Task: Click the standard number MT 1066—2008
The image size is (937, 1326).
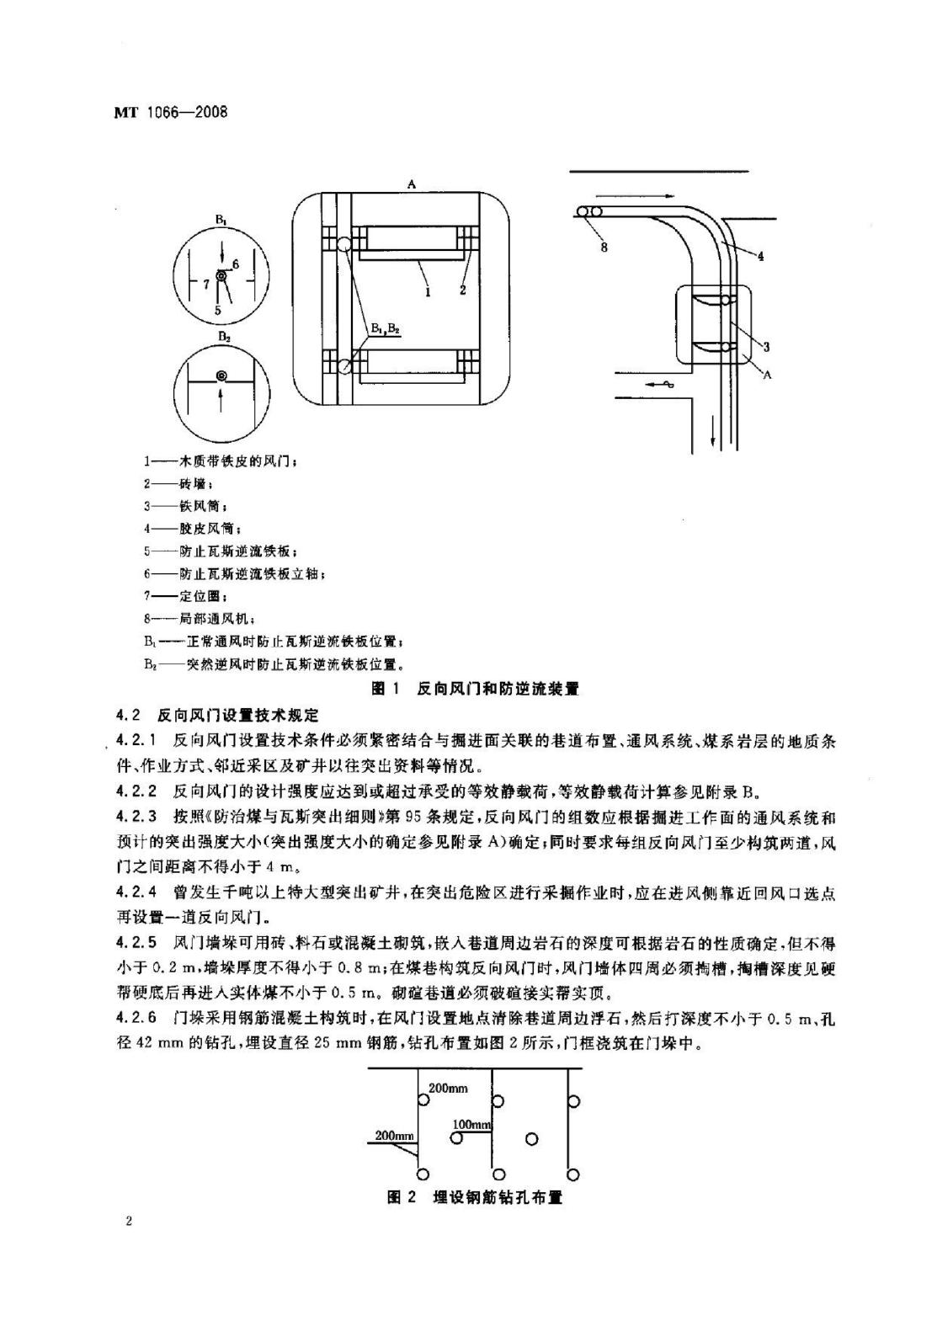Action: click(x=171, y=113)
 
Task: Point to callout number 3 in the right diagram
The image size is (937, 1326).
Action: click(x=765, y=346)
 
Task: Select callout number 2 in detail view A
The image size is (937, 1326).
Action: click(x=462, y=290)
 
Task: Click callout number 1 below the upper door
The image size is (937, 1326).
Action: click(x=428, y=290)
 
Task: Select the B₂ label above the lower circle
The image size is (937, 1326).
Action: click(x=223, y=336)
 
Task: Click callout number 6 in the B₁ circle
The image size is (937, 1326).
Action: click(x=236, y=264)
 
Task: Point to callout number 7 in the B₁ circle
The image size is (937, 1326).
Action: click(x=205, y=284)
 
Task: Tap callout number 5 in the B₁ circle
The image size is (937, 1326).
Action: click(x=217, y=310)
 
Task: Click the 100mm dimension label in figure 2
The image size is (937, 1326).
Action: click(x=471, y=1125)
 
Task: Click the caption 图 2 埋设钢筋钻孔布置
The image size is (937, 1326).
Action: click(x=474, y=1197)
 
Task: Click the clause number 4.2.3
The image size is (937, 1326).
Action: click(x=137, y=816)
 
